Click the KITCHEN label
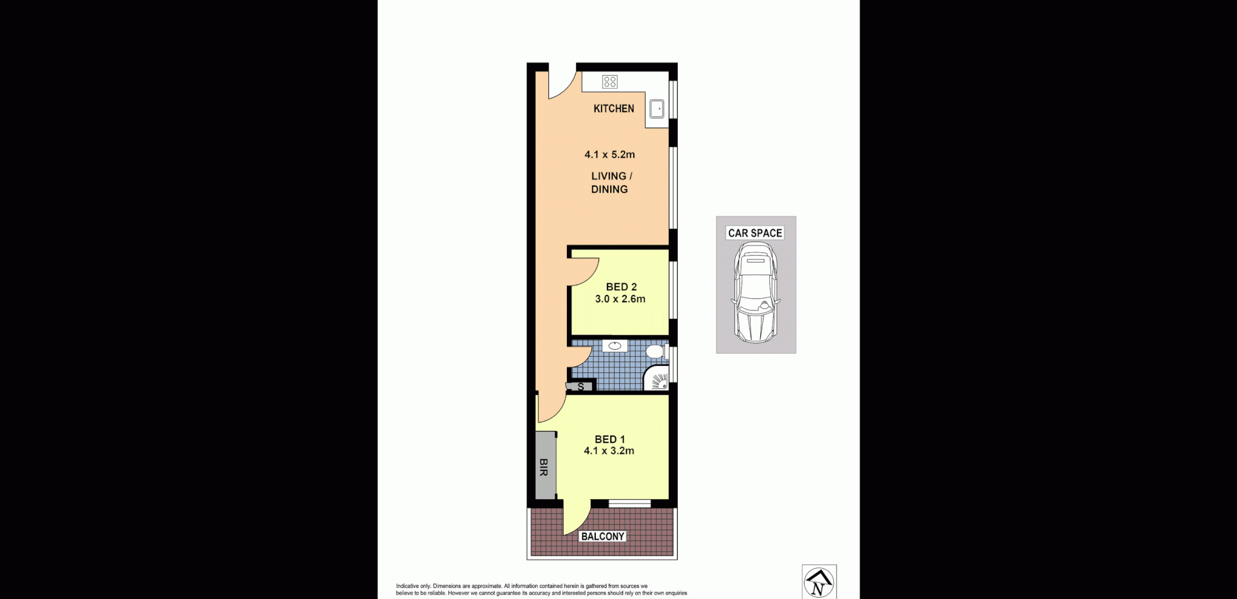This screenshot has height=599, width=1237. tap(613, 108)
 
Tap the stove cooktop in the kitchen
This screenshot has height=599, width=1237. tap(609, 82)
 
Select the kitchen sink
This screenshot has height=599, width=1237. tap(658, 109)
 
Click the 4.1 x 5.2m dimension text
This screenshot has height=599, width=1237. tap(609, 155)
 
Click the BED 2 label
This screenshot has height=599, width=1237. tap(621, 287)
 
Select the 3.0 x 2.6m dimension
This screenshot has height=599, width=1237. tap(620, 299)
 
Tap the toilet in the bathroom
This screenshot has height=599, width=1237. tap(655, 352)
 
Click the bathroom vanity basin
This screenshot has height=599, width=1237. tap(615, 346)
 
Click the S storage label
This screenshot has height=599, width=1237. tap(580, 387)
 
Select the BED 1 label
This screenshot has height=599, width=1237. tap(609, 439)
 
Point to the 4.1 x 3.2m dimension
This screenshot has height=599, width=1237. tap(609, 451)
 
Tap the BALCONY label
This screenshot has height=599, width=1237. tap(602, 537)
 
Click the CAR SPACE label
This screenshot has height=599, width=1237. tap(755, 233)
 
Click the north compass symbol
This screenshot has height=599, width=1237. tap(819, 582)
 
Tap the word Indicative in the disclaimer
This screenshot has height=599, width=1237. tap(407, 586)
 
